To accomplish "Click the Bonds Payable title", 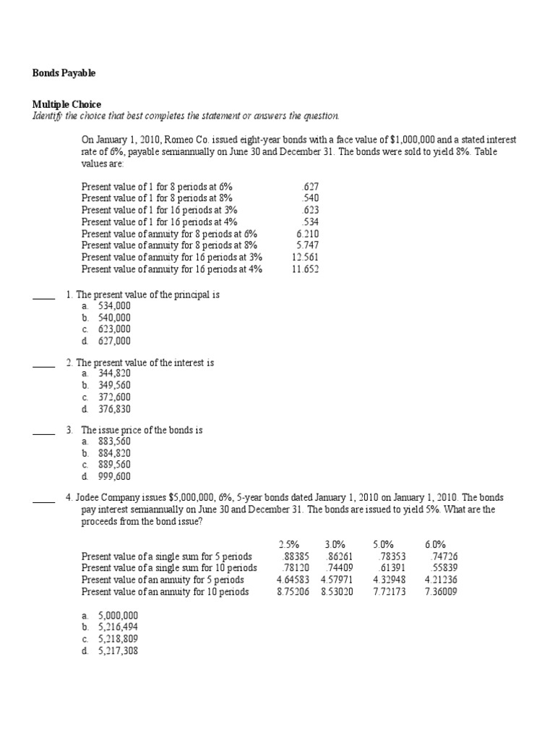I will (64, 73).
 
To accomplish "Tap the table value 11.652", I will (305, 269).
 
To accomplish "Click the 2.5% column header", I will (289, 544).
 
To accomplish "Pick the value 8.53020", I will (337, 591).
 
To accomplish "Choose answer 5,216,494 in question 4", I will (118, 627).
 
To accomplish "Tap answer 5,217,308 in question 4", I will (118, 651).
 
